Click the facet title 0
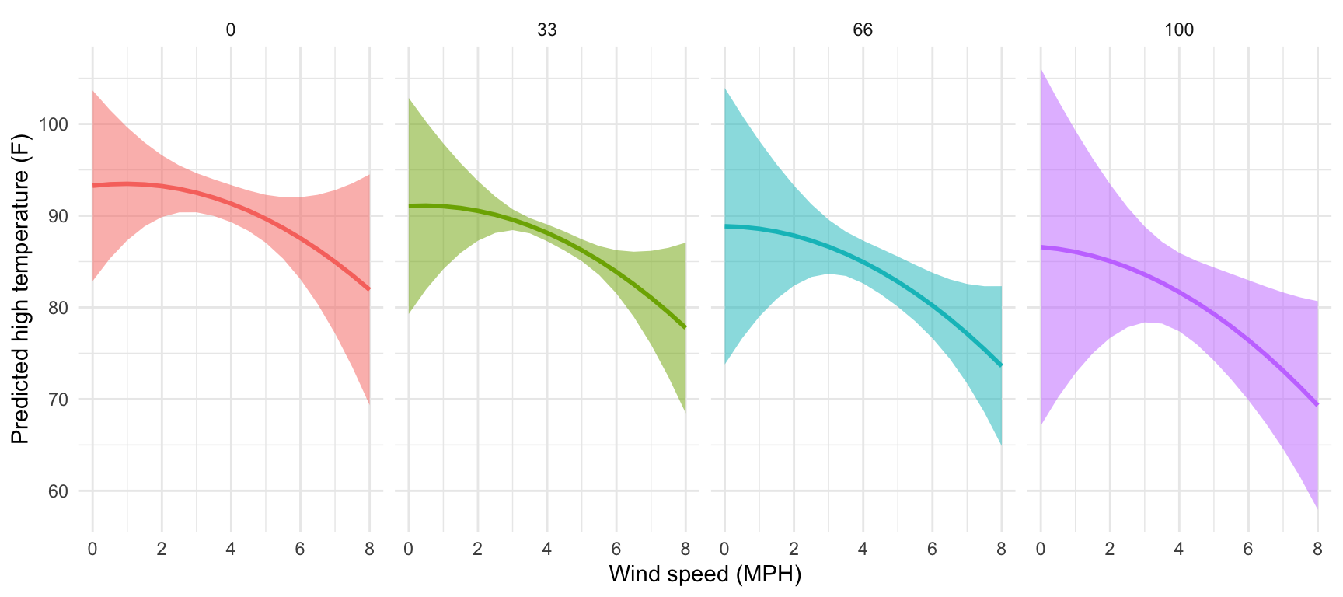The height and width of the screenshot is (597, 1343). click(231, 30)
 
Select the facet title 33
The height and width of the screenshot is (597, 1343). click(547, 30)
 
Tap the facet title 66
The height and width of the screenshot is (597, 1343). click(863, 30)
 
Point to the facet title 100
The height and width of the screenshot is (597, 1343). click(1179, 30)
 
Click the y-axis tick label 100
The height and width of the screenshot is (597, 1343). click(54, 124)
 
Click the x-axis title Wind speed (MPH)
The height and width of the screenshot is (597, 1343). click(705, 574)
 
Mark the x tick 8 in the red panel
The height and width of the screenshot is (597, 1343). click(369, 550)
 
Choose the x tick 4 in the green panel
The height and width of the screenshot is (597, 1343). click(547, 550)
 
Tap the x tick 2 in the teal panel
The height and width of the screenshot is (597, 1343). click(794, 550)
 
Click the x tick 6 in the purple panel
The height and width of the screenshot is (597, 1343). click(1248, 550)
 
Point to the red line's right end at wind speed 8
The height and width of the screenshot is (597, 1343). click(369, 289)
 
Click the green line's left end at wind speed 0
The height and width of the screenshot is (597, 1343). click(409, 206)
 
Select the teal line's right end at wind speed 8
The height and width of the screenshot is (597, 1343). click(1001, 365)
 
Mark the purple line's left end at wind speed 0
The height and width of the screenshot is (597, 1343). click(1041, 247)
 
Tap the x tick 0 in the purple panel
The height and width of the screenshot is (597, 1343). click(1041, 550)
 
